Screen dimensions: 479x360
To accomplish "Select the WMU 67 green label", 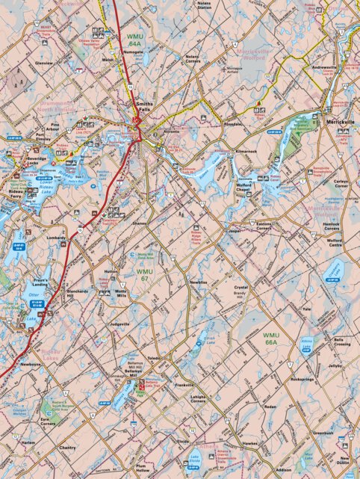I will (145, 274).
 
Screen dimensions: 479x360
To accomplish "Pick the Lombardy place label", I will (57, 238).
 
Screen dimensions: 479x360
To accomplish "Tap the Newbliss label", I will (198, 282).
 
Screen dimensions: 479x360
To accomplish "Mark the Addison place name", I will (283, 470).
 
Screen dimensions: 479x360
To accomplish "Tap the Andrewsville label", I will (325, 67).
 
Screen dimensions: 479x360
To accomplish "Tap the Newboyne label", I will (31, 364).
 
